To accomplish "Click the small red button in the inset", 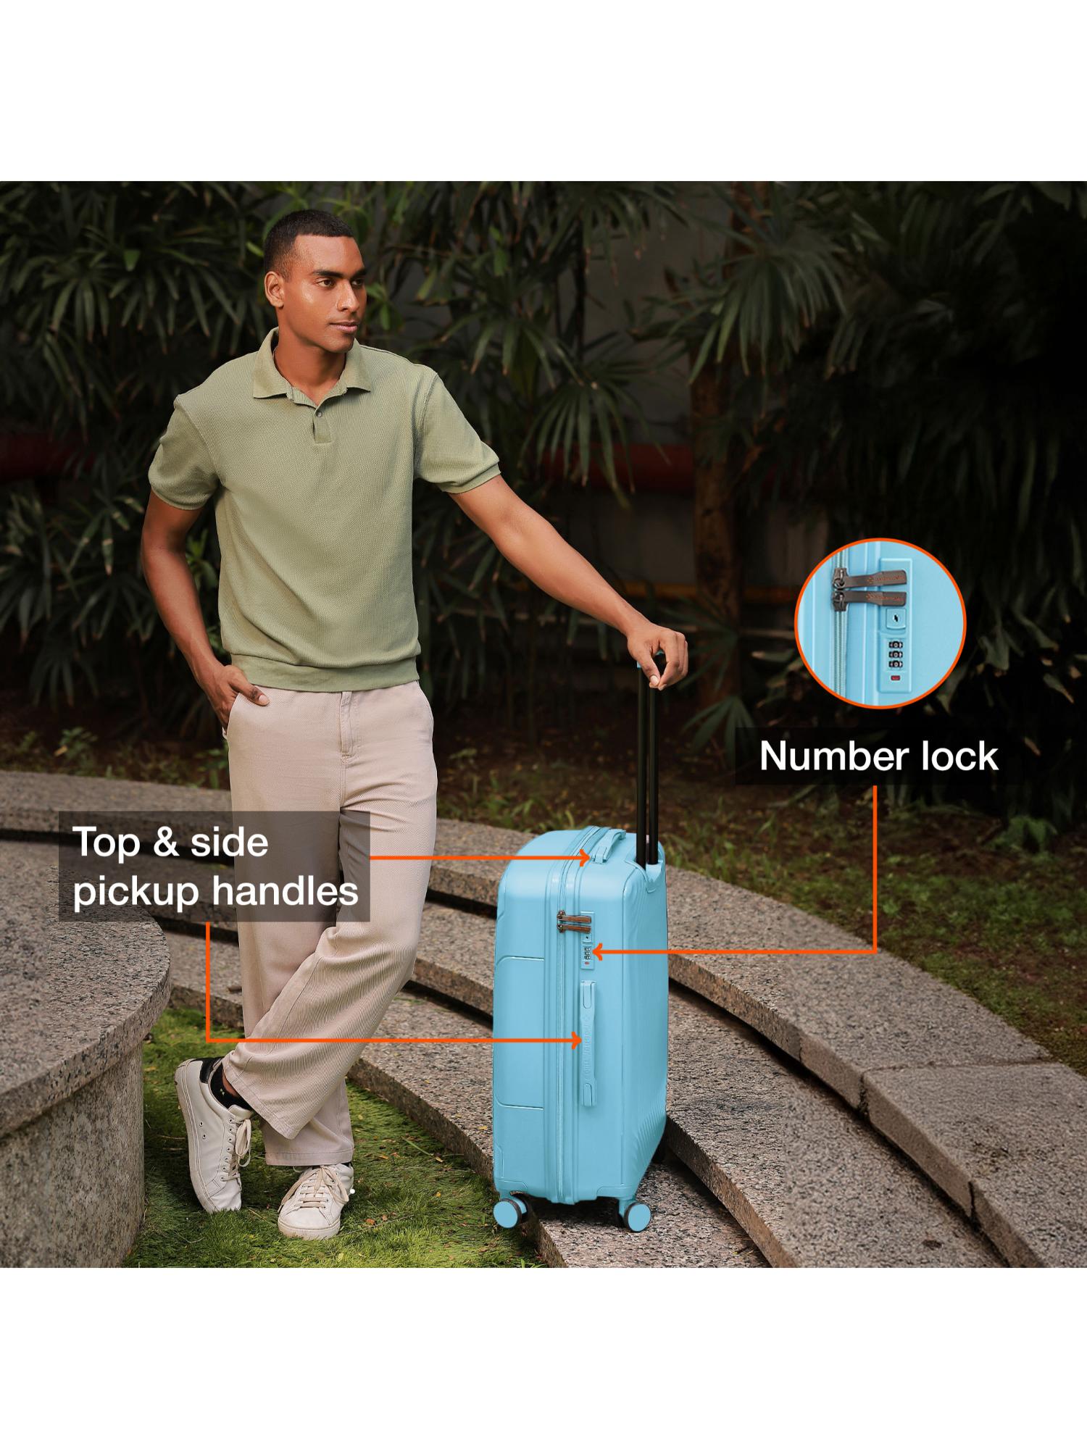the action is [x=896, y=678].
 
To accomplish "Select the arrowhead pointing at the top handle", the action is [x=584, y=857].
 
